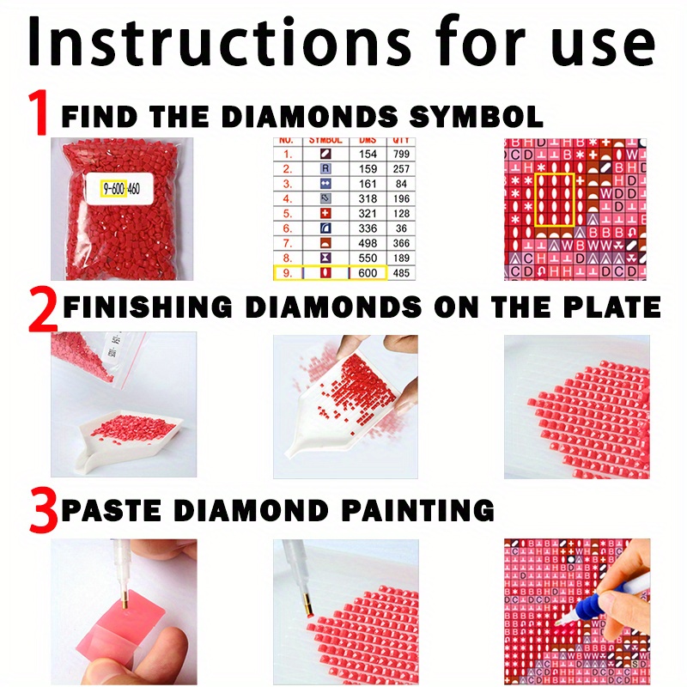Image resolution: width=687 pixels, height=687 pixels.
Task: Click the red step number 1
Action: [39, 113]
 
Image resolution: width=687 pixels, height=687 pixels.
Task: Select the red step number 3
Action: [43, 512]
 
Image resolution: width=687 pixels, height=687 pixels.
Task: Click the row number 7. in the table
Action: [288, 243]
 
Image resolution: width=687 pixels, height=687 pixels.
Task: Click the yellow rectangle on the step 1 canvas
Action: [555, 200]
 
